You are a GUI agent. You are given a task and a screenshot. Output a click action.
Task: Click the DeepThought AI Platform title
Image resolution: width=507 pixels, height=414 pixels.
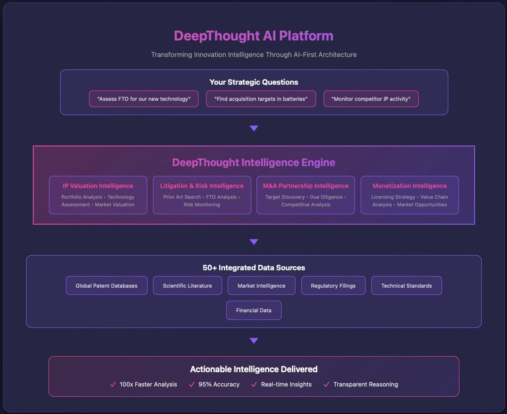[253, 36]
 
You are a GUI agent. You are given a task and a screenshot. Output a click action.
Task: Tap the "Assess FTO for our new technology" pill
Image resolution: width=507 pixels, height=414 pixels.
[144, 99]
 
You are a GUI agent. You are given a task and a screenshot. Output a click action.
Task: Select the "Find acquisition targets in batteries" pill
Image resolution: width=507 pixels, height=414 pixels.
[261, 99]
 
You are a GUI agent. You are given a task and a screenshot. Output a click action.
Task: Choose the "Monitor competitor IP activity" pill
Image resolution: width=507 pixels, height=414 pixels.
[371, 99]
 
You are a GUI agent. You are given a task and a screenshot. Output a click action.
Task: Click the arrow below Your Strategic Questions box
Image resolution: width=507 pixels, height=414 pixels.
[254, 128]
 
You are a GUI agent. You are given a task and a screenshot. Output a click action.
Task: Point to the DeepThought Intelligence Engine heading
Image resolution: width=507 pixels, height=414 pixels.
[253, 162]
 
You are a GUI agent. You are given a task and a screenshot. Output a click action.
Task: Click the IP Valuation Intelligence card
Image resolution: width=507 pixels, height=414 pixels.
[98, 195]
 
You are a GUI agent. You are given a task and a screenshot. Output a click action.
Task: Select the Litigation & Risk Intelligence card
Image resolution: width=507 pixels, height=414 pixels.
[202, 195]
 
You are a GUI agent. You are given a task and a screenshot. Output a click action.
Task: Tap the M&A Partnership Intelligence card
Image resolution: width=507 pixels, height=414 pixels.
[306, 195]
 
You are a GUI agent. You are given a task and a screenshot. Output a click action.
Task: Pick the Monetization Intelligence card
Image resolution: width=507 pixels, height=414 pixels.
[410, 195]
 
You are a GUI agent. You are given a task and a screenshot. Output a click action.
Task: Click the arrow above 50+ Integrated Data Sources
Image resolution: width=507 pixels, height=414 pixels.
[254, 242]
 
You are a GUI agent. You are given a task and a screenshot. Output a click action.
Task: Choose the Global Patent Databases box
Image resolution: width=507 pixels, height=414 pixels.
[107, 286]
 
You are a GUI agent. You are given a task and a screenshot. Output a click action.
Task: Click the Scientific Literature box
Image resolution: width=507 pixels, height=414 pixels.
[188, 286]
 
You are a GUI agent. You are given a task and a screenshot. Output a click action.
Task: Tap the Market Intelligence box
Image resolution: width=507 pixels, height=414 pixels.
[262, 286]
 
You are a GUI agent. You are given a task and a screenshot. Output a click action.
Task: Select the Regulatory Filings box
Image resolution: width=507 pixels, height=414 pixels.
[333, 286]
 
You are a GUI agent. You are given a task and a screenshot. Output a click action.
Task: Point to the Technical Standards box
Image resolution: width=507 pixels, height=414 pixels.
[406, 286]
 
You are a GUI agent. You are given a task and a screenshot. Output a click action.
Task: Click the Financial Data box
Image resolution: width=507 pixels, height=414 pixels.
[254, 310]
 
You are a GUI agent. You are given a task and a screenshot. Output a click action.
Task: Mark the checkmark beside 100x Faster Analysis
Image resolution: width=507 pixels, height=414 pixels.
[113, 385]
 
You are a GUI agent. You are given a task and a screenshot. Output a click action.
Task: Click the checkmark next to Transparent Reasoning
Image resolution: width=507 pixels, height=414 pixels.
[326, 385]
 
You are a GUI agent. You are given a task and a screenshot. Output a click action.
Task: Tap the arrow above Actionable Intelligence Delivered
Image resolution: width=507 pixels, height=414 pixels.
[254, 341]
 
